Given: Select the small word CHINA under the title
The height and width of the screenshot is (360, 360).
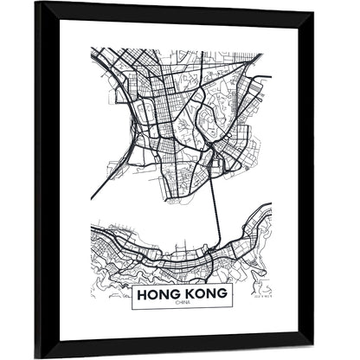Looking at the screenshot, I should tap(183, 303).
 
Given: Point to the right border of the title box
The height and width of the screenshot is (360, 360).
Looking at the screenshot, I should tap(235, 295).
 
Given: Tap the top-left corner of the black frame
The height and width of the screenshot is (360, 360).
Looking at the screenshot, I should tap(36, 5).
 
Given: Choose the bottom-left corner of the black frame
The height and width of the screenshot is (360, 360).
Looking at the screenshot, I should tap(36, 355).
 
